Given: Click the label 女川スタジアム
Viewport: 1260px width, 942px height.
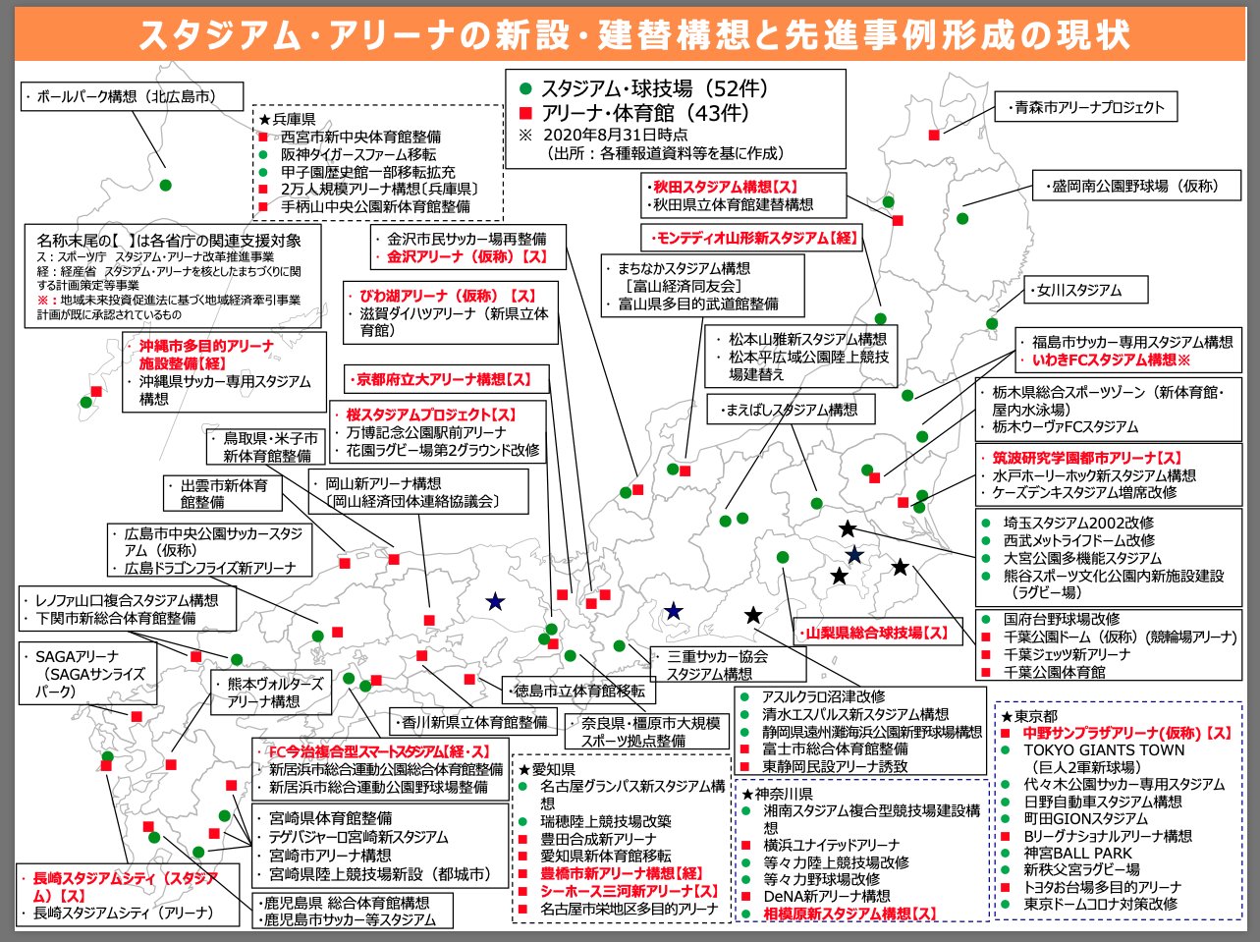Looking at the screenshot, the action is click(1078, 290).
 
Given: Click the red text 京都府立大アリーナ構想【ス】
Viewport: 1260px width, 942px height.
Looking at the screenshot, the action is click(442, 378).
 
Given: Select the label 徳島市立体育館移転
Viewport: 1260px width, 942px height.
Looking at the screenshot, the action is click(577, 691).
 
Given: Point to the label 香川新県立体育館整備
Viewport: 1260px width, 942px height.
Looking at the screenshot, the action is click(473, 722).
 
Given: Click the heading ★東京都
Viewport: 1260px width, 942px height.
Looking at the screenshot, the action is click(1029, 716).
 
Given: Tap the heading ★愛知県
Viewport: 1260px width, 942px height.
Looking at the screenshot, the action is click(549, 769).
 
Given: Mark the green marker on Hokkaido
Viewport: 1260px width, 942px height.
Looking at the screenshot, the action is click(165, 185).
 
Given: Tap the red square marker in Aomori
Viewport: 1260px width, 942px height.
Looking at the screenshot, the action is click(933, 135).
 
